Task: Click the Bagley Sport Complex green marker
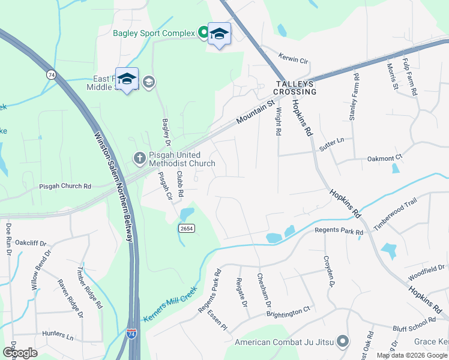203,32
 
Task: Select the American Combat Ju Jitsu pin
343,342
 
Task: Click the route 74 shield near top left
52,74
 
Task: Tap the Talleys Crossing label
295,88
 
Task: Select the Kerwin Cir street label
293,61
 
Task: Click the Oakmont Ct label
385,158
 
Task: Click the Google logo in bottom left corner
20,353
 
